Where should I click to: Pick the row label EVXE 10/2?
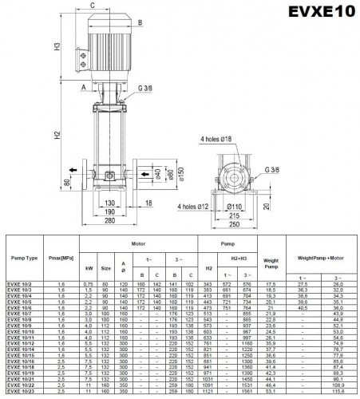(x=20, y=283)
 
